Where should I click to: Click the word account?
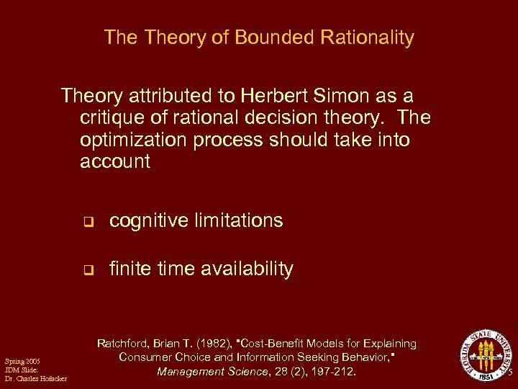(x=115, y=161)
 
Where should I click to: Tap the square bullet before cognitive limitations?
(x=88, y=222)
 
